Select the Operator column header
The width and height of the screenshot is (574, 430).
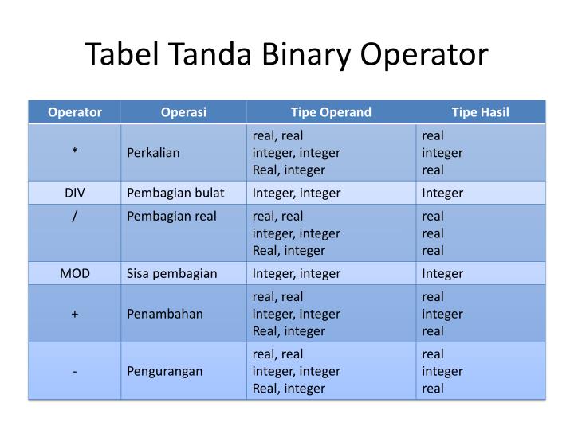[75, 112]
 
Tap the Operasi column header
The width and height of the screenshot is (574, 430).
[183, 112]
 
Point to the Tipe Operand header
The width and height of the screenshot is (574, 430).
[331, 112]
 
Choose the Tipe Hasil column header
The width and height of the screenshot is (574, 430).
[480, 112]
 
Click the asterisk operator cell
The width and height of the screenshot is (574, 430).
[75, 152]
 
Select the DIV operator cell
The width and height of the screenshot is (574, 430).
[75, 193]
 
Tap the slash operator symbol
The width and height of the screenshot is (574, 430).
[75, 216]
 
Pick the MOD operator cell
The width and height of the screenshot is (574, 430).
[75, 273]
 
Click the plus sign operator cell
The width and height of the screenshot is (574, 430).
[75, 314]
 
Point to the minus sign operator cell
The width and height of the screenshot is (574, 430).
[75, 371]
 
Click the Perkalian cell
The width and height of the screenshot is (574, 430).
[153, 152]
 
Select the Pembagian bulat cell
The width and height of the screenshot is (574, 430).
[175, 193]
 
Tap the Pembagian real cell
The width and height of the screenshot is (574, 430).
[171, 216]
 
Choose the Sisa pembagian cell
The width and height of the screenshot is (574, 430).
[172, 273]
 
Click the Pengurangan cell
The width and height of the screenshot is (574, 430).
[165, 371]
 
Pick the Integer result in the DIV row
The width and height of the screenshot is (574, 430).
[442, 193]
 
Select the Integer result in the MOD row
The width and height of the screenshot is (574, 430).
[442, 273]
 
